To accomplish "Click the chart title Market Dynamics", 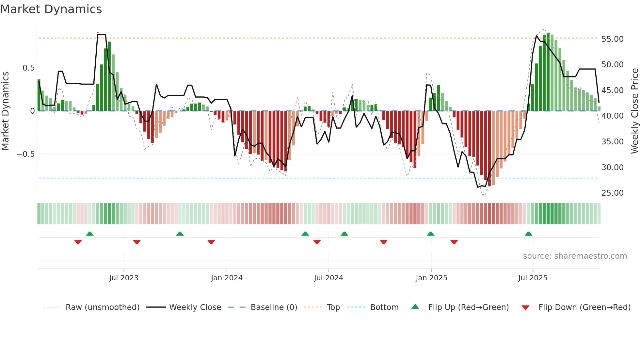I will [51, 9].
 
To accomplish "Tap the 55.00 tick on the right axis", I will [612, 39].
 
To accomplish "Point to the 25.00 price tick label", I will [612, 193].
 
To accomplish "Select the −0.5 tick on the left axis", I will [25, 154].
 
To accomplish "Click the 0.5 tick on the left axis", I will [28, 68].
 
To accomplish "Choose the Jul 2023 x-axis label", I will [124, 278].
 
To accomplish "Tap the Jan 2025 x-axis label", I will [431, 278].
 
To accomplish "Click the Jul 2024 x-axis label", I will [328, 278].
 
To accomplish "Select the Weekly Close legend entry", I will [195, 307].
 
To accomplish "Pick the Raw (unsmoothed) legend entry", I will [102, 307].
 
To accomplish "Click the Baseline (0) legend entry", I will [274, 307].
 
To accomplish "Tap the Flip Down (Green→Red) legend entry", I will [584, 307].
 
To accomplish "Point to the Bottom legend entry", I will [384, 307].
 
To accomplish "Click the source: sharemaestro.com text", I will [575, 256].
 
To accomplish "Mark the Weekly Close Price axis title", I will [634, 111].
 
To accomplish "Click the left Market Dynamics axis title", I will [5, 111].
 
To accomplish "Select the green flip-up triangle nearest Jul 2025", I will [528, 234].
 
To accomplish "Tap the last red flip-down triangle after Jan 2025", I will [454, 242].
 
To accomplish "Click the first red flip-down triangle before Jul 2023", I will [78, 242].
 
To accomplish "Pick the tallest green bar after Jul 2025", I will [548, 72].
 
